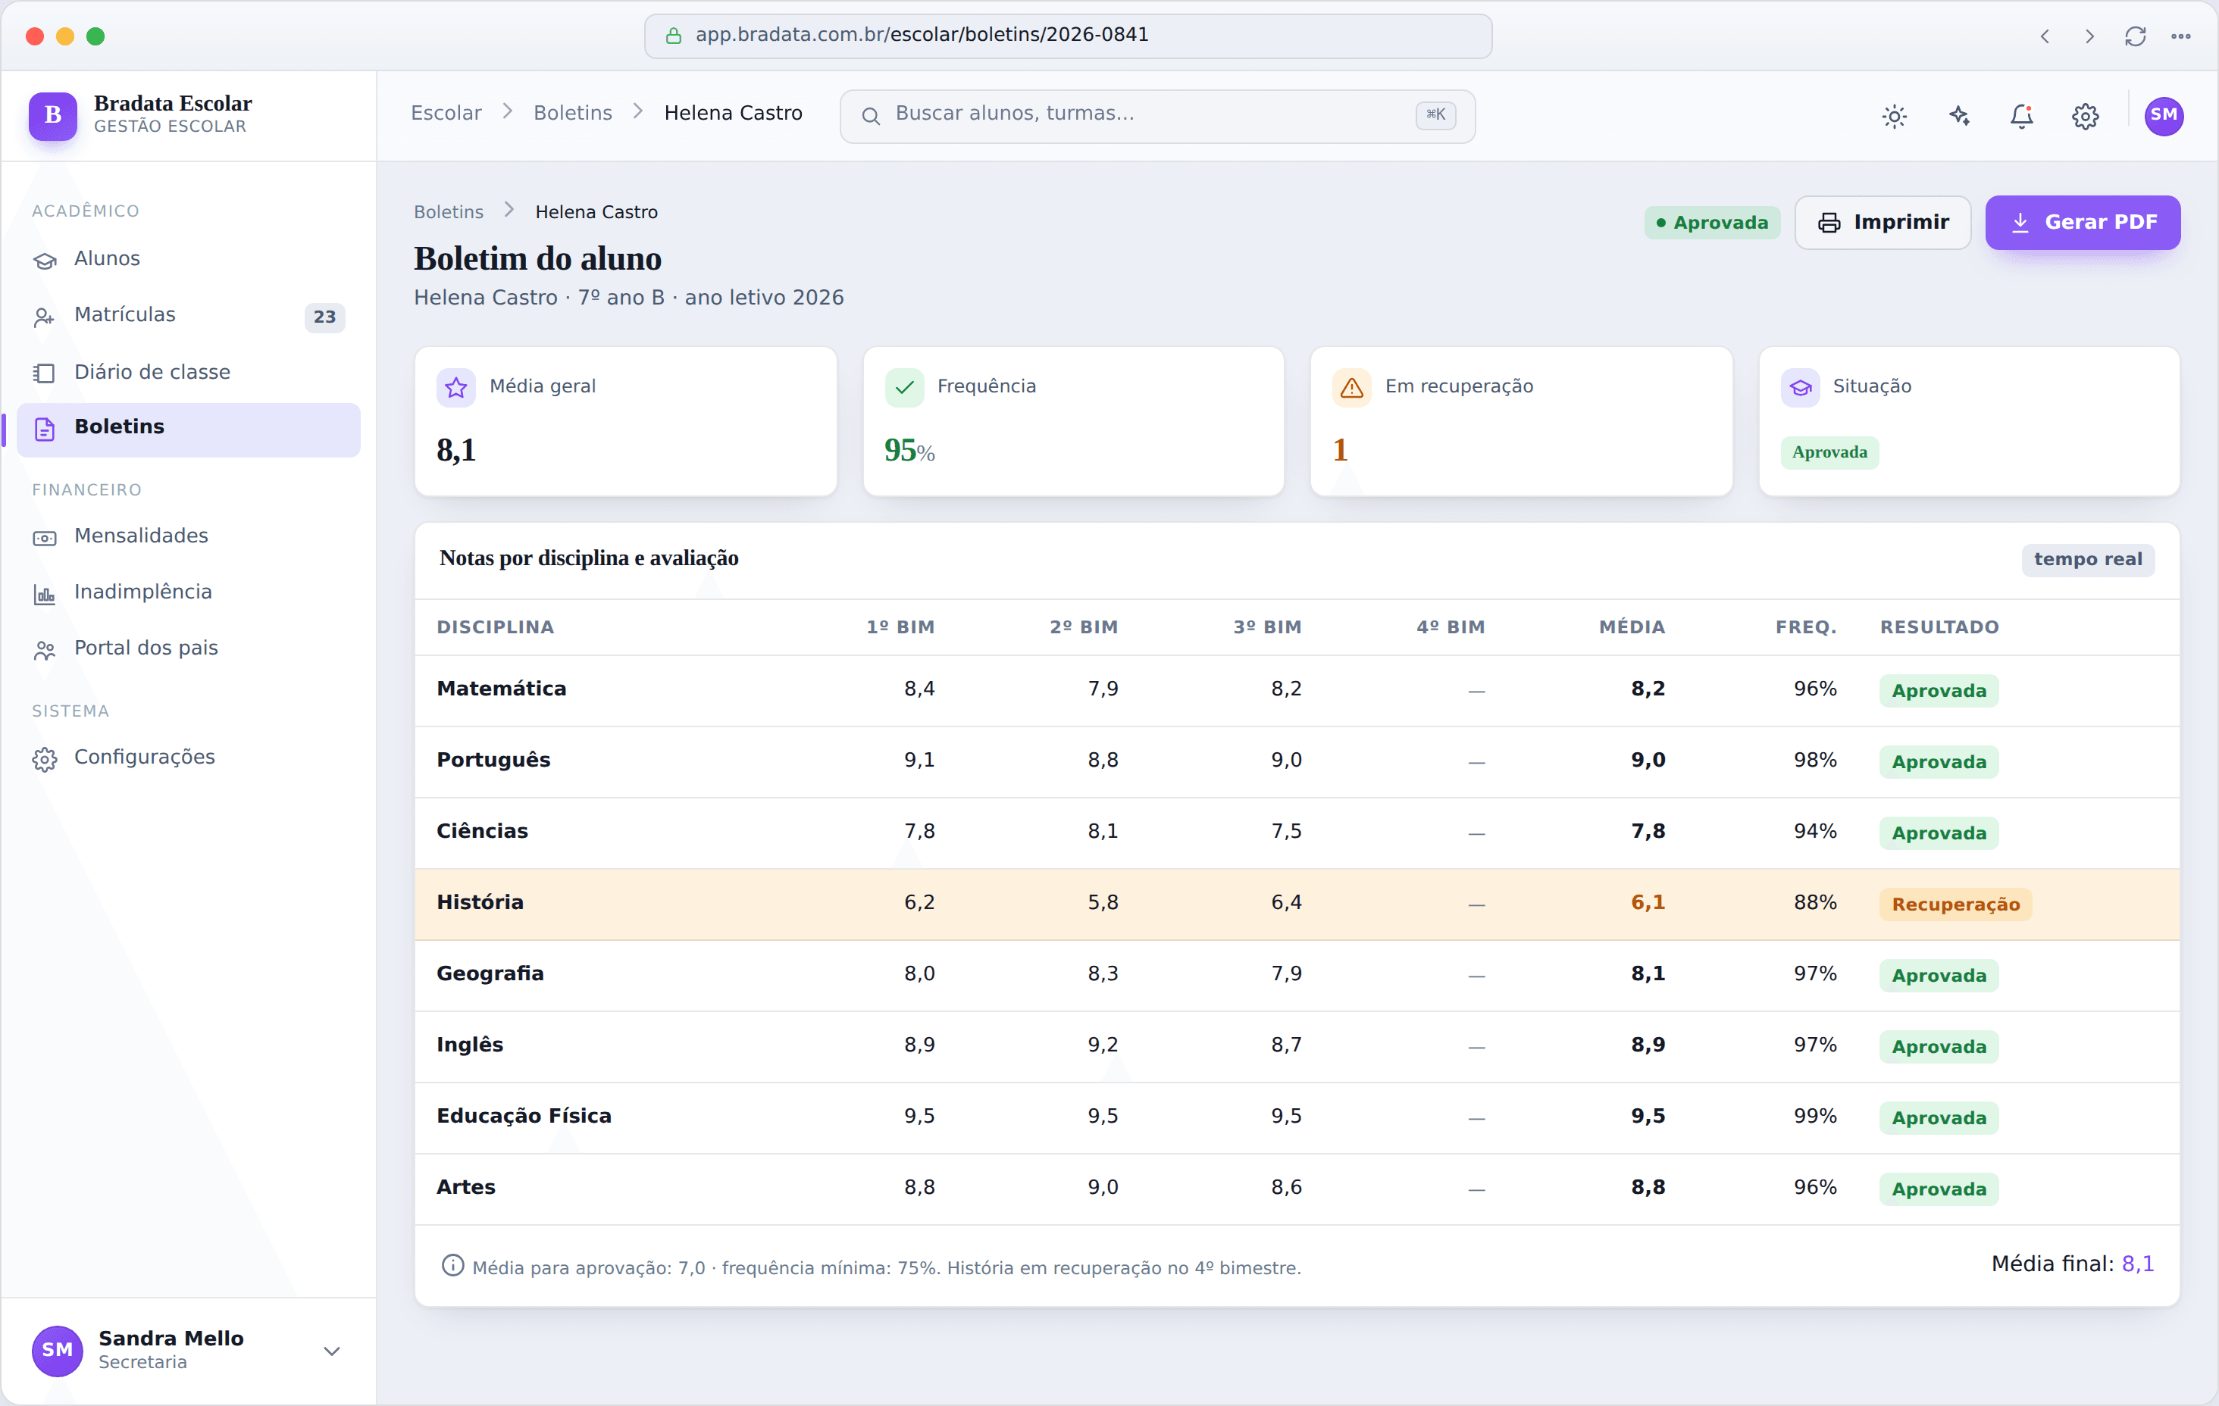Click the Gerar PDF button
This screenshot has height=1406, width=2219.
2082,222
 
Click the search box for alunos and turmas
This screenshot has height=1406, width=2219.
1157,115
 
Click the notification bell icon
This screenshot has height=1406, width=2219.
2022,116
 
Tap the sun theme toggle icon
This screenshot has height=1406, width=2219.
1895,116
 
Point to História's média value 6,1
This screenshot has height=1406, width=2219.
1648,903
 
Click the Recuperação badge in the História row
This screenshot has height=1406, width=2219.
1955,905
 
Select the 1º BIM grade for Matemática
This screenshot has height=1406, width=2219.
919,689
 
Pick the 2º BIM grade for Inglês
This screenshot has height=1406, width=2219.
1102,1045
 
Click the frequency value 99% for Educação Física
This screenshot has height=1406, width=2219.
1814,1116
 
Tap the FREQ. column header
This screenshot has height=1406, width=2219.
1806,627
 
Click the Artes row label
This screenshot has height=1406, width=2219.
466,1188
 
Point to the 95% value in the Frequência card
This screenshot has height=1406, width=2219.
909,451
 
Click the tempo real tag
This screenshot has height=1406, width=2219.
2087,559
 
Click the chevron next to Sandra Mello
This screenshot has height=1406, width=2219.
332,1351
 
